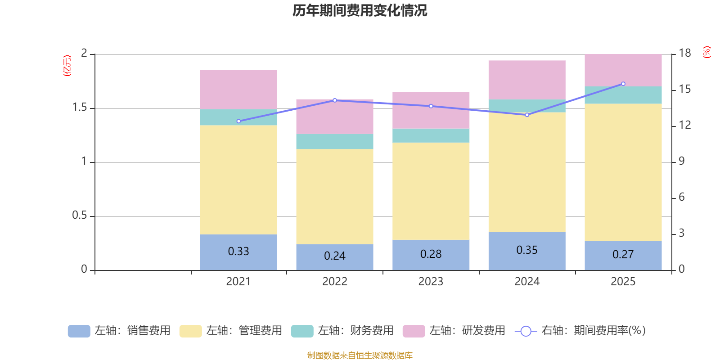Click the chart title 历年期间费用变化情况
[360, 10]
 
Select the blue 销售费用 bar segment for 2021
[238, 261]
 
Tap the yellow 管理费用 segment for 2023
[431, 191]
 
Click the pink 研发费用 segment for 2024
[527, 80]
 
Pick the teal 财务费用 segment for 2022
[335, 141]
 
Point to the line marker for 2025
[623, 84]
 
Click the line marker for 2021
[238, 121]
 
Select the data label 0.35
[527, 250]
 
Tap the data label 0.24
[335, 256]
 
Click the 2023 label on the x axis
[431, 282]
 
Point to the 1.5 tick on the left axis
[80, 108]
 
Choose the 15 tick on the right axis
[685, 89]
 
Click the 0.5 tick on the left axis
[79, 216]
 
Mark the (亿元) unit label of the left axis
[67, 66]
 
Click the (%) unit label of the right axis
[707, 52]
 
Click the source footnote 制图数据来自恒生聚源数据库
[360, 355]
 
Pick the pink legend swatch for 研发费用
[414, 331]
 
